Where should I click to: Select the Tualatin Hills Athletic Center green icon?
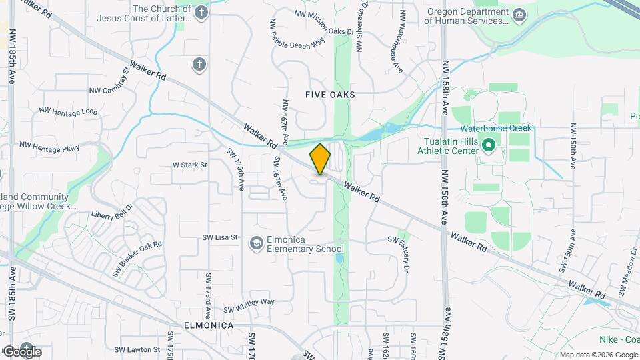click(x=488, y=144)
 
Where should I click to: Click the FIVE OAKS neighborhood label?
click(x=330, y=95)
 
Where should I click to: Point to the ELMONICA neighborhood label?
click(x=209, y=325)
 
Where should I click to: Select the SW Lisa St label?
click(x=221, y=238)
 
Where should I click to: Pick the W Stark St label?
click(x=190, y=164)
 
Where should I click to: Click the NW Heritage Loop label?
click(x=68, y=111)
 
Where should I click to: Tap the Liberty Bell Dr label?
click(x=112, y=211)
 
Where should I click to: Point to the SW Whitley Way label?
click(x=249, y=305)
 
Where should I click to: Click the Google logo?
click(x=22, y=351)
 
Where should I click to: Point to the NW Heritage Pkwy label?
click(x=50, y=146)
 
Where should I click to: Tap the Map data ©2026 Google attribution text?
click(x=599, y=355)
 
